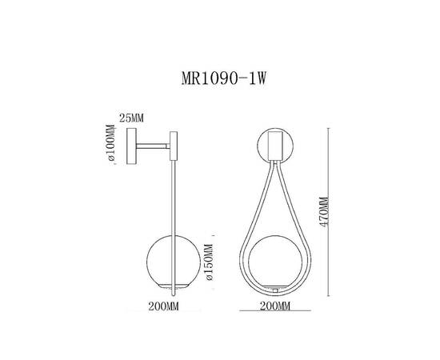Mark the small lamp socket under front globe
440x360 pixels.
pyautogui.click(x=276, y=288)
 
